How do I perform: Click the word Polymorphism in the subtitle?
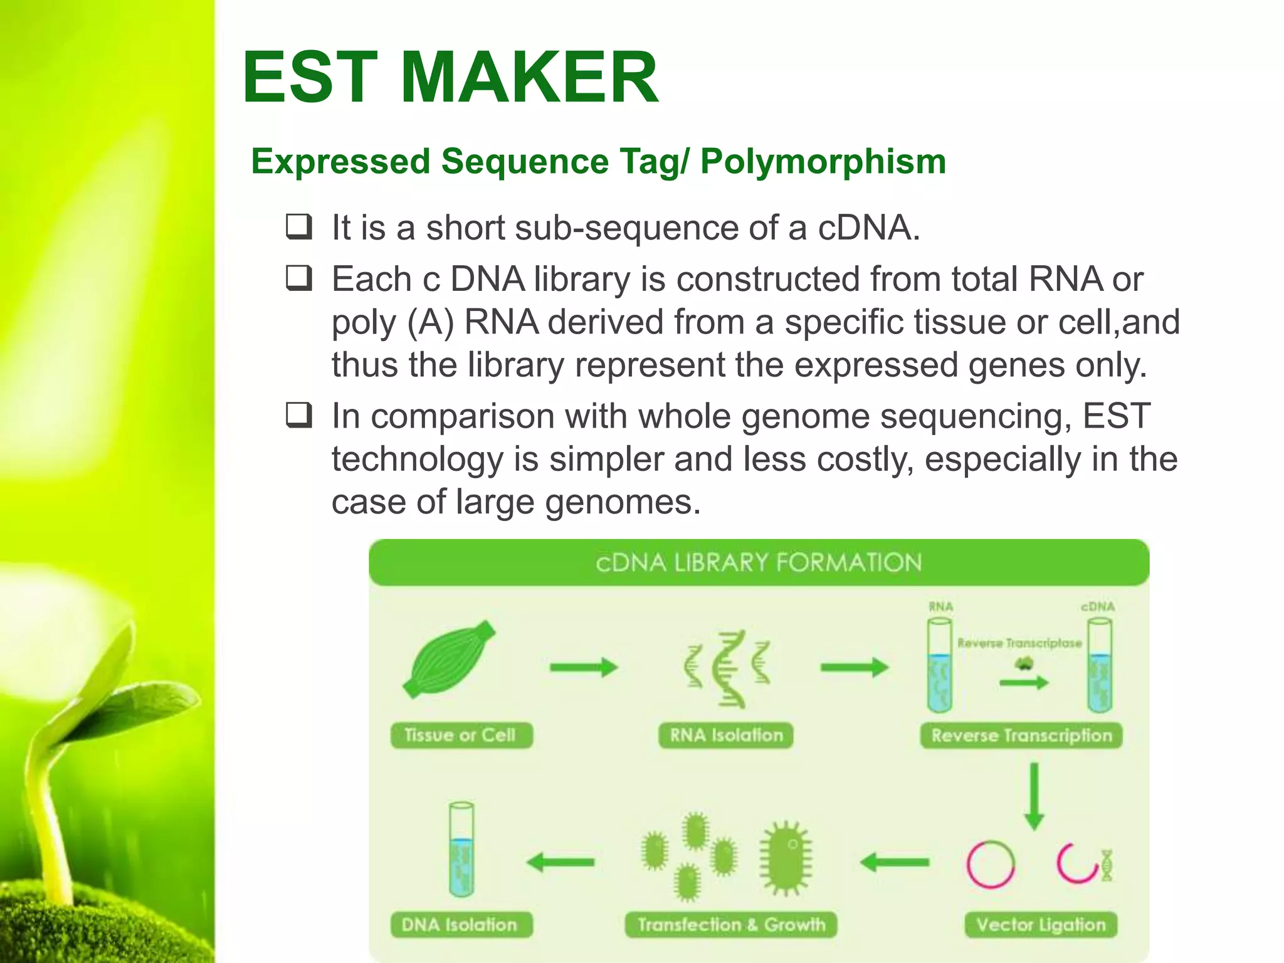coord(823,162)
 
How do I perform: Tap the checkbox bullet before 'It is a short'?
coord(299,227)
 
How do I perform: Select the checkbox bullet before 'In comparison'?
coord(299,415)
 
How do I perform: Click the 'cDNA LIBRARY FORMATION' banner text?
coord(759,563)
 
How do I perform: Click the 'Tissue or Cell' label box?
coord(461,735)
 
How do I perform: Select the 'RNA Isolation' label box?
coord(726,735)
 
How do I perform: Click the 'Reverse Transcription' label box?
coord(1021,735)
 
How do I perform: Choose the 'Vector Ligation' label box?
coord(1041,925)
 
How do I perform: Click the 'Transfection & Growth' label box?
coord(731,925)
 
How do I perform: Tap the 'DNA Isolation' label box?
coord(461,925)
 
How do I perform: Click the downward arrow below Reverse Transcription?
coord(1034,796)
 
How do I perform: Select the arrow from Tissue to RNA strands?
coord(584,667)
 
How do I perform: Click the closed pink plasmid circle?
coord(991,864)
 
